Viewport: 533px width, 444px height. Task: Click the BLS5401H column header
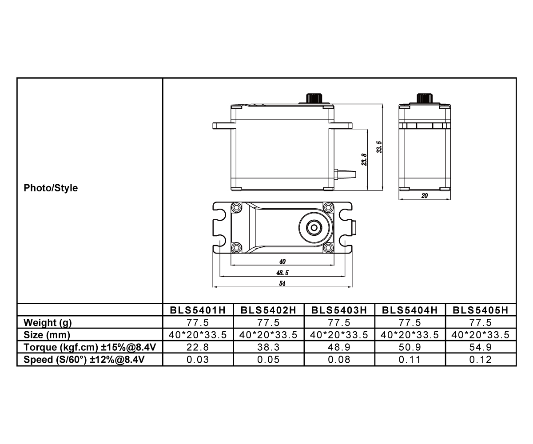198,310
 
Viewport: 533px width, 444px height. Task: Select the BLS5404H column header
410,310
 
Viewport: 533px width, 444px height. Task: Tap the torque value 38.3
269,347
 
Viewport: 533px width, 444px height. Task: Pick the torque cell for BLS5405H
481,347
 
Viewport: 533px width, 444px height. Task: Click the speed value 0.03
198,360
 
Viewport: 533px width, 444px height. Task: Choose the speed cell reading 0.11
410,360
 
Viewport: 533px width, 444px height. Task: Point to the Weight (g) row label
48,322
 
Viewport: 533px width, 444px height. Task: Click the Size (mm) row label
47,335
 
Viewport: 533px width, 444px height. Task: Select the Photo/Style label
51,188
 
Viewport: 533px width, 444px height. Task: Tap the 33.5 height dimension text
379,147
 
